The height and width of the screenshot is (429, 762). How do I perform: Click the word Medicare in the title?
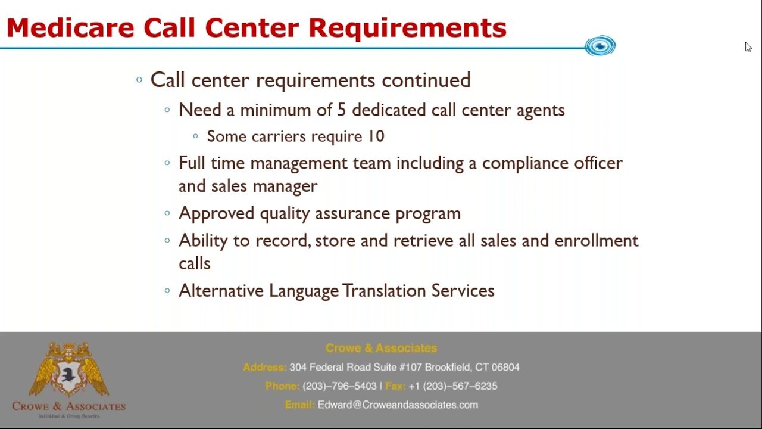coord(71,28)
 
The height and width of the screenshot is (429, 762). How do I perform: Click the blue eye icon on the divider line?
coord(600,46)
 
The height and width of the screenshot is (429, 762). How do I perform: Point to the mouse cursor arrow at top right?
coord(748,47)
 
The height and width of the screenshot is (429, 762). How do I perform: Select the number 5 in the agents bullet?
coord(341,110)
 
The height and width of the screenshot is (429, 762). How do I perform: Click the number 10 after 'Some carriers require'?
coord(376,136)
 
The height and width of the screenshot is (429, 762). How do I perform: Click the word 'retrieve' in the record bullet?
coord(423,241)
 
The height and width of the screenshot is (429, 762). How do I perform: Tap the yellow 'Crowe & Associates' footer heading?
coord(381,348)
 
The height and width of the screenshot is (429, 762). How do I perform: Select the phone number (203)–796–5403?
coord(339,386)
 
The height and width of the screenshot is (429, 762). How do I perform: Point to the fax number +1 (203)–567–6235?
coord(452,386)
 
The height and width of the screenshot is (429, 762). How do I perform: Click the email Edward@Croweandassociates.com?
coord(398,405)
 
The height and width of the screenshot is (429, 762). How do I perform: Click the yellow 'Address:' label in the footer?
coord(264,368)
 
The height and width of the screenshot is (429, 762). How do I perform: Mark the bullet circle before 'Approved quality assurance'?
coord(167,213)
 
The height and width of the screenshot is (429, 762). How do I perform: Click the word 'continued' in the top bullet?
coord(426,80)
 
